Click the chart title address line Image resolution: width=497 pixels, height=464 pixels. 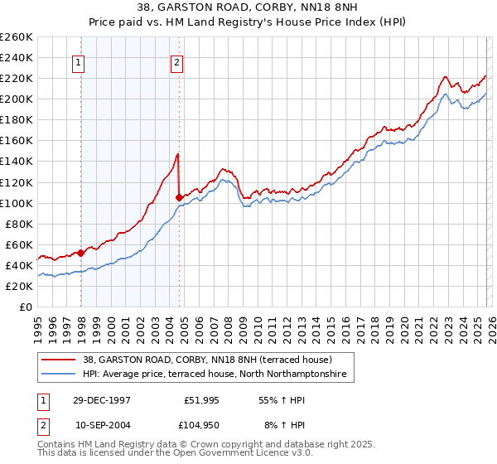click(248, 6)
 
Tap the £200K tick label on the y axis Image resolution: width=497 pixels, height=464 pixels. click(17, 99)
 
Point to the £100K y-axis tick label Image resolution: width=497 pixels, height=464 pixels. click(17, 203)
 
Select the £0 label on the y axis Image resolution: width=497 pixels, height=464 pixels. click(27, 307)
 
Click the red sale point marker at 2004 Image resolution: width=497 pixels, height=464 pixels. click(180, 197)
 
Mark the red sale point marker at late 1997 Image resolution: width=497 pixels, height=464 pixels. click(81, 252)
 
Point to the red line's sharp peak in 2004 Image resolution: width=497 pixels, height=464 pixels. click(177, 154)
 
